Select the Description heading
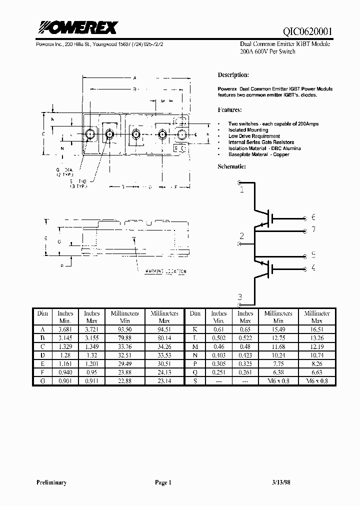233,75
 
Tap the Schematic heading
232,166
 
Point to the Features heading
229,109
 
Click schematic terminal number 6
313,217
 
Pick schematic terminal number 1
242,189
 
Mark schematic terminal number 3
240,296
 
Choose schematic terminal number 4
313,267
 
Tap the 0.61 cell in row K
218,329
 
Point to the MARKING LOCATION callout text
165,271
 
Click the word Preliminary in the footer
51,482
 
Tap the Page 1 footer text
163,482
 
